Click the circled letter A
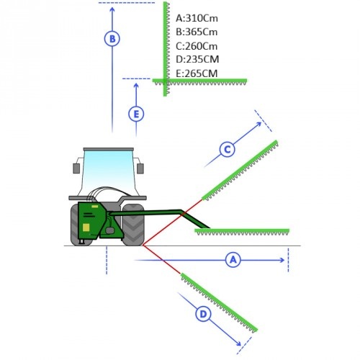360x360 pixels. tap(233, 260)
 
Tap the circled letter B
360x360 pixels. tap(112, 39)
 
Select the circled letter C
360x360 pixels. tap(227, 150)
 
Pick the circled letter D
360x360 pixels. tap(203, 314)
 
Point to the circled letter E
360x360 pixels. tap(136, 114)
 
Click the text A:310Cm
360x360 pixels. tap(197, 18)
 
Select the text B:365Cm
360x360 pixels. tap(197, 32)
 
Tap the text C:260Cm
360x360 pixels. tap(197, 46)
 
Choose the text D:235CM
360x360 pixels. tap(197, 59)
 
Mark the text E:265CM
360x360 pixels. tap(197, 73)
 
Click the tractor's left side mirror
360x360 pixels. tap(76, 168)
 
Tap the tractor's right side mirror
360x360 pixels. tap(140, 168)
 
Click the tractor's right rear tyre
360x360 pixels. tap(133, 225)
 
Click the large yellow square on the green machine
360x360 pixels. tap(86, 228)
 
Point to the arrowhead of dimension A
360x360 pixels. tap(282, 260)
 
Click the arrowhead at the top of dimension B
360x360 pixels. tap(112, 9)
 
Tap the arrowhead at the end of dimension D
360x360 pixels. tap(238, 343)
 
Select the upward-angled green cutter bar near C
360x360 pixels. tap(240, 171)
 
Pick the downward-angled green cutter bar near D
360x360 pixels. tap(219, 303)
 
